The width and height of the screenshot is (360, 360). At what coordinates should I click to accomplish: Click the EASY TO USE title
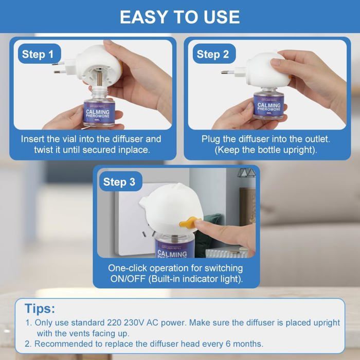coord(180,17)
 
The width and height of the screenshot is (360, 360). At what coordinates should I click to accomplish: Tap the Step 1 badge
coord(38,54)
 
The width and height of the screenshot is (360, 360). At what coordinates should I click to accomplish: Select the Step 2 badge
coord(212,54)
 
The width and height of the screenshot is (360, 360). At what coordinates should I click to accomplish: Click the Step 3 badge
coord(119,182)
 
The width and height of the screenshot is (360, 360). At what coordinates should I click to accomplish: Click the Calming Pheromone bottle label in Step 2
coord(269,107)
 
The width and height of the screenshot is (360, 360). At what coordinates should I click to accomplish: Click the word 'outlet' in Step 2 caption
coord(317,139)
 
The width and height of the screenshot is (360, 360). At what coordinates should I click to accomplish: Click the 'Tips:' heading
coord(40,309)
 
